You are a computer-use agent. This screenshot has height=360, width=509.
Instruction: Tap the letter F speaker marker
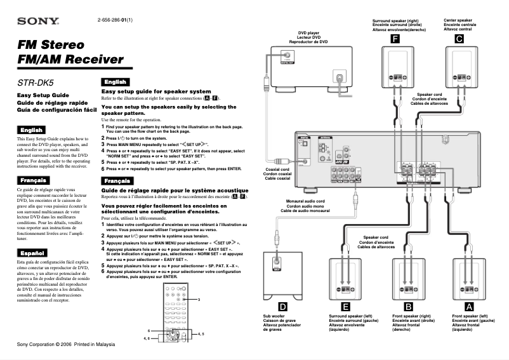click(395, 39)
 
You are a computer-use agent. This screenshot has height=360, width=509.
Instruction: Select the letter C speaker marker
click(458, 39)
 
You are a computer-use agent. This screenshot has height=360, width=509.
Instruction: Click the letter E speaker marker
click(345, 307)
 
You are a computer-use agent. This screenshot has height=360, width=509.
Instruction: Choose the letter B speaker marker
click(409, 307)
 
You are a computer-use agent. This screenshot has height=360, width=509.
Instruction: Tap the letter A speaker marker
click(469, 307)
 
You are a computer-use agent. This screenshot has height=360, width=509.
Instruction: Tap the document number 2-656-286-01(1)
click(115, 20)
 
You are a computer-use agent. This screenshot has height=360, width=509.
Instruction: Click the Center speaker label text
click(458, 25)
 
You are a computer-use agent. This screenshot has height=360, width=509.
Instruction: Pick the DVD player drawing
click(310, 69)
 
